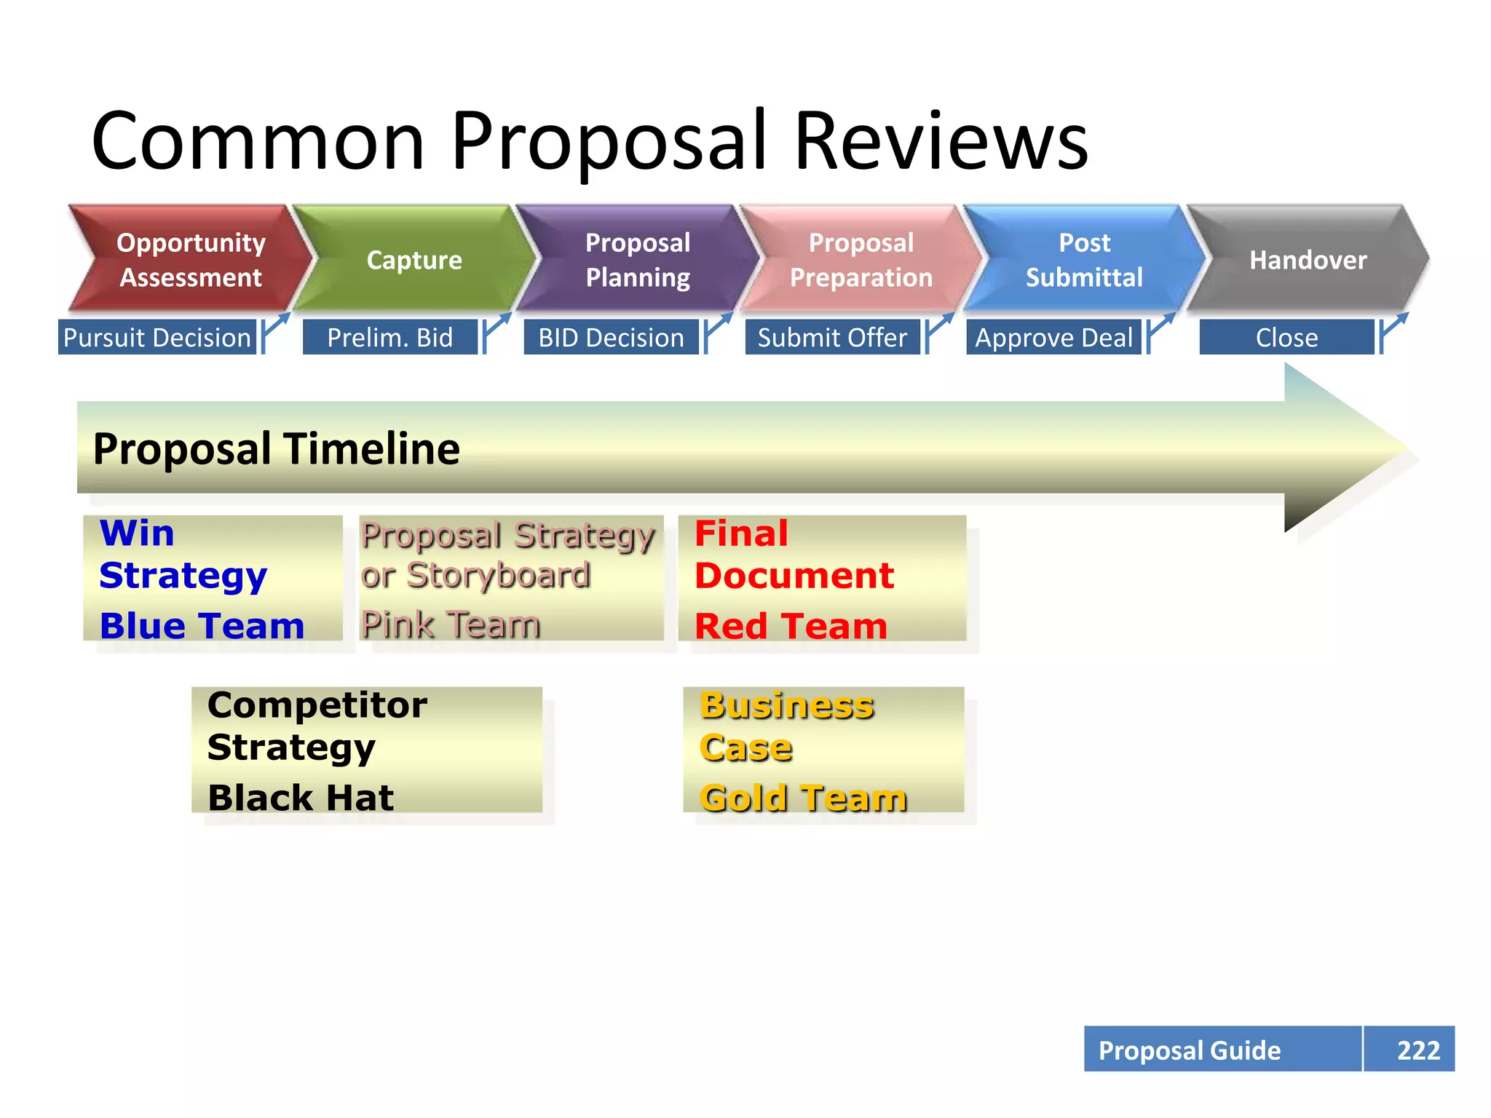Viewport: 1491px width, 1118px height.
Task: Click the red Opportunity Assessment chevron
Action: coord(191,260)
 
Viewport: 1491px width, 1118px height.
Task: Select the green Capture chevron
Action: coord(414,260)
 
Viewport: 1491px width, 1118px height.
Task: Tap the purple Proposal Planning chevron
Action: coord(638,260)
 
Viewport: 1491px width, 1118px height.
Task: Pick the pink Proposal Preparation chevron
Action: coord(861,260)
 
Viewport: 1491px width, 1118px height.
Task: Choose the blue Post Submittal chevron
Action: coord(1084,260)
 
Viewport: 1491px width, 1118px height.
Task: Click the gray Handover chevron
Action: coord(1308,260)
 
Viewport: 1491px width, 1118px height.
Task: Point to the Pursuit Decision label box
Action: coord(157,338)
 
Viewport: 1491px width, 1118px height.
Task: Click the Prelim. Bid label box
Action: coord(390,338)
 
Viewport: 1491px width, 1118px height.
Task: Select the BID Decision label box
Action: coord(611,338)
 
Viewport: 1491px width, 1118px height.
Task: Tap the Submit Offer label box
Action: coord(832,338)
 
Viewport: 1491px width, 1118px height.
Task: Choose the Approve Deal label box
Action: coord(1053,338)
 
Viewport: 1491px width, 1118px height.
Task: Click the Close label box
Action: coord(1286,338)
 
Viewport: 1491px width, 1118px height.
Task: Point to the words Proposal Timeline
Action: coord(277,448)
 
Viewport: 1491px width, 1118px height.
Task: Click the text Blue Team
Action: coord(202,626)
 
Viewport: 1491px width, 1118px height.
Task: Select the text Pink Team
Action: coord(451,625)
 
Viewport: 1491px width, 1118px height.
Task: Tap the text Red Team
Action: coord(791,626)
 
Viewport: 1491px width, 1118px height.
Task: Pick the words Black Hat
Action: coord(301,797)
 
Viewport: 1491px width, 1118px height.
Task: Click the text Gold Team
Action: coord(803,798)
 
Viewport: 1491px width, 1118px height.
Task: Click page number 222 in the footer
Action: coord(1417,1050)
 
